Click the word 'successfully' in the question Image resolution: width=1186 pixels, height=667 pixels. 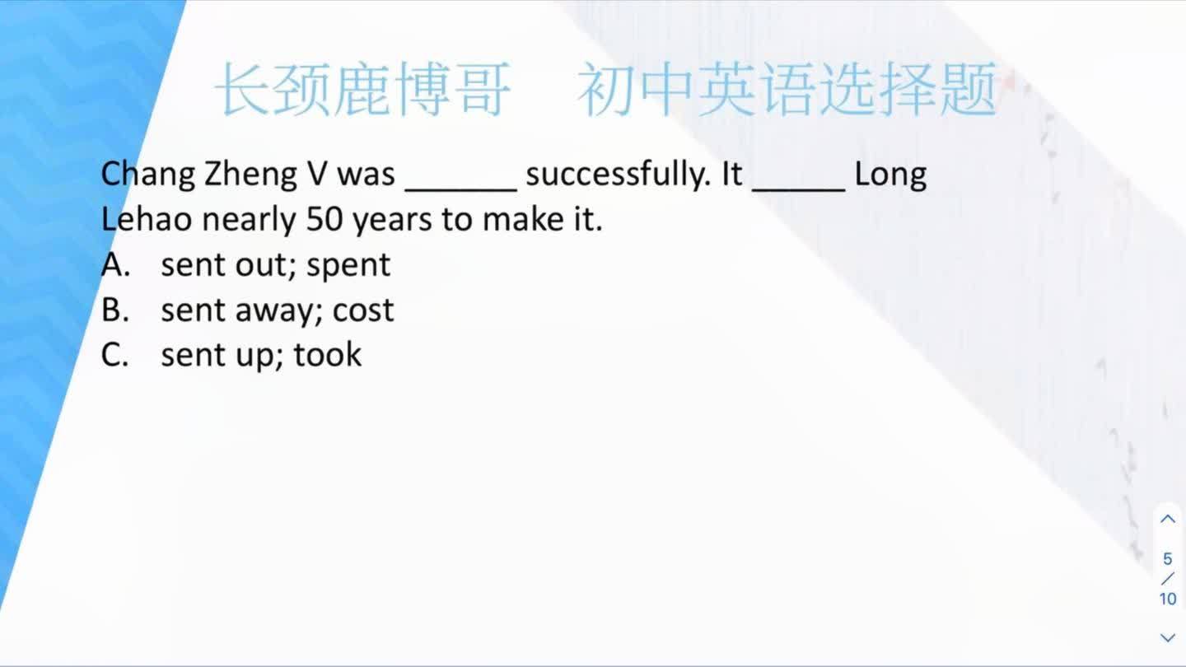pos(616,175)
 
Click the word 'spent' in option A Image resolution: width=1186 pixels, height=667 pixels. pos(348,265)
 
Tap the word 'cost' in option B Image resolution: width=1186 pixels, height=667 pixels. pos(363,310)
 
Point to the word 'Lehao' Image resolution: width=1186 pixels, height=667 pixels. pos(147,220)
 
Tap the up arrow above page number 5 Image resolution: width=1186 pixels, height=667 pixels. pos(1168,519)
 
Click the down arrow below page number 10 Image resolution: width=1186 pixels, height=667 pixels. pos(1168,637)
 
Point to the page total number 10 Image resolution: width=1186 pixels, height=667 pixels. pos(1168,599)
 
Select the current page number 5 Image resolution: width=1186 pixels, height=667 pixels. pos(1168,560)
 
